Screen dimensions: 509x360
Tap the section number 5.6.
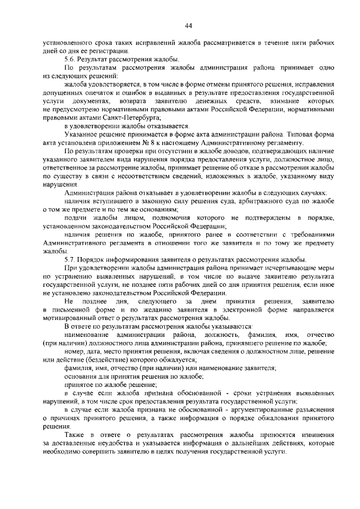tap(70, 59)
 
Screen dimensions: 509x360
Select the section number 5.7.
tap(70, 260)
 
